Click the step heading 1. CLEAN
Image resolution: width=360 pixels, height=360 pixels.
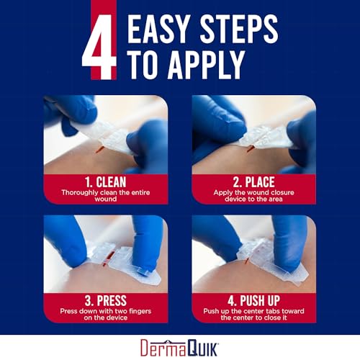coord(105,183)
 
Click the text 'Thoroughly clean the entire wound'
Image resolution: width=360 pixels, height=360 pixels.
coord(105,196)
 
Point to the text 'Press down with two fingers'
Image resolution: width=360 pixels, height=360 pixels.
coord(105,313)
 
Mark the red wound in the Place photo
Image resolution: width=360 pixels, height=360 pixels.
coord(249,150)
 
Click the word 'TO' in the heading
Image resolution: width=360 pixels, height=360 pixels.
coord(147,66)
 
